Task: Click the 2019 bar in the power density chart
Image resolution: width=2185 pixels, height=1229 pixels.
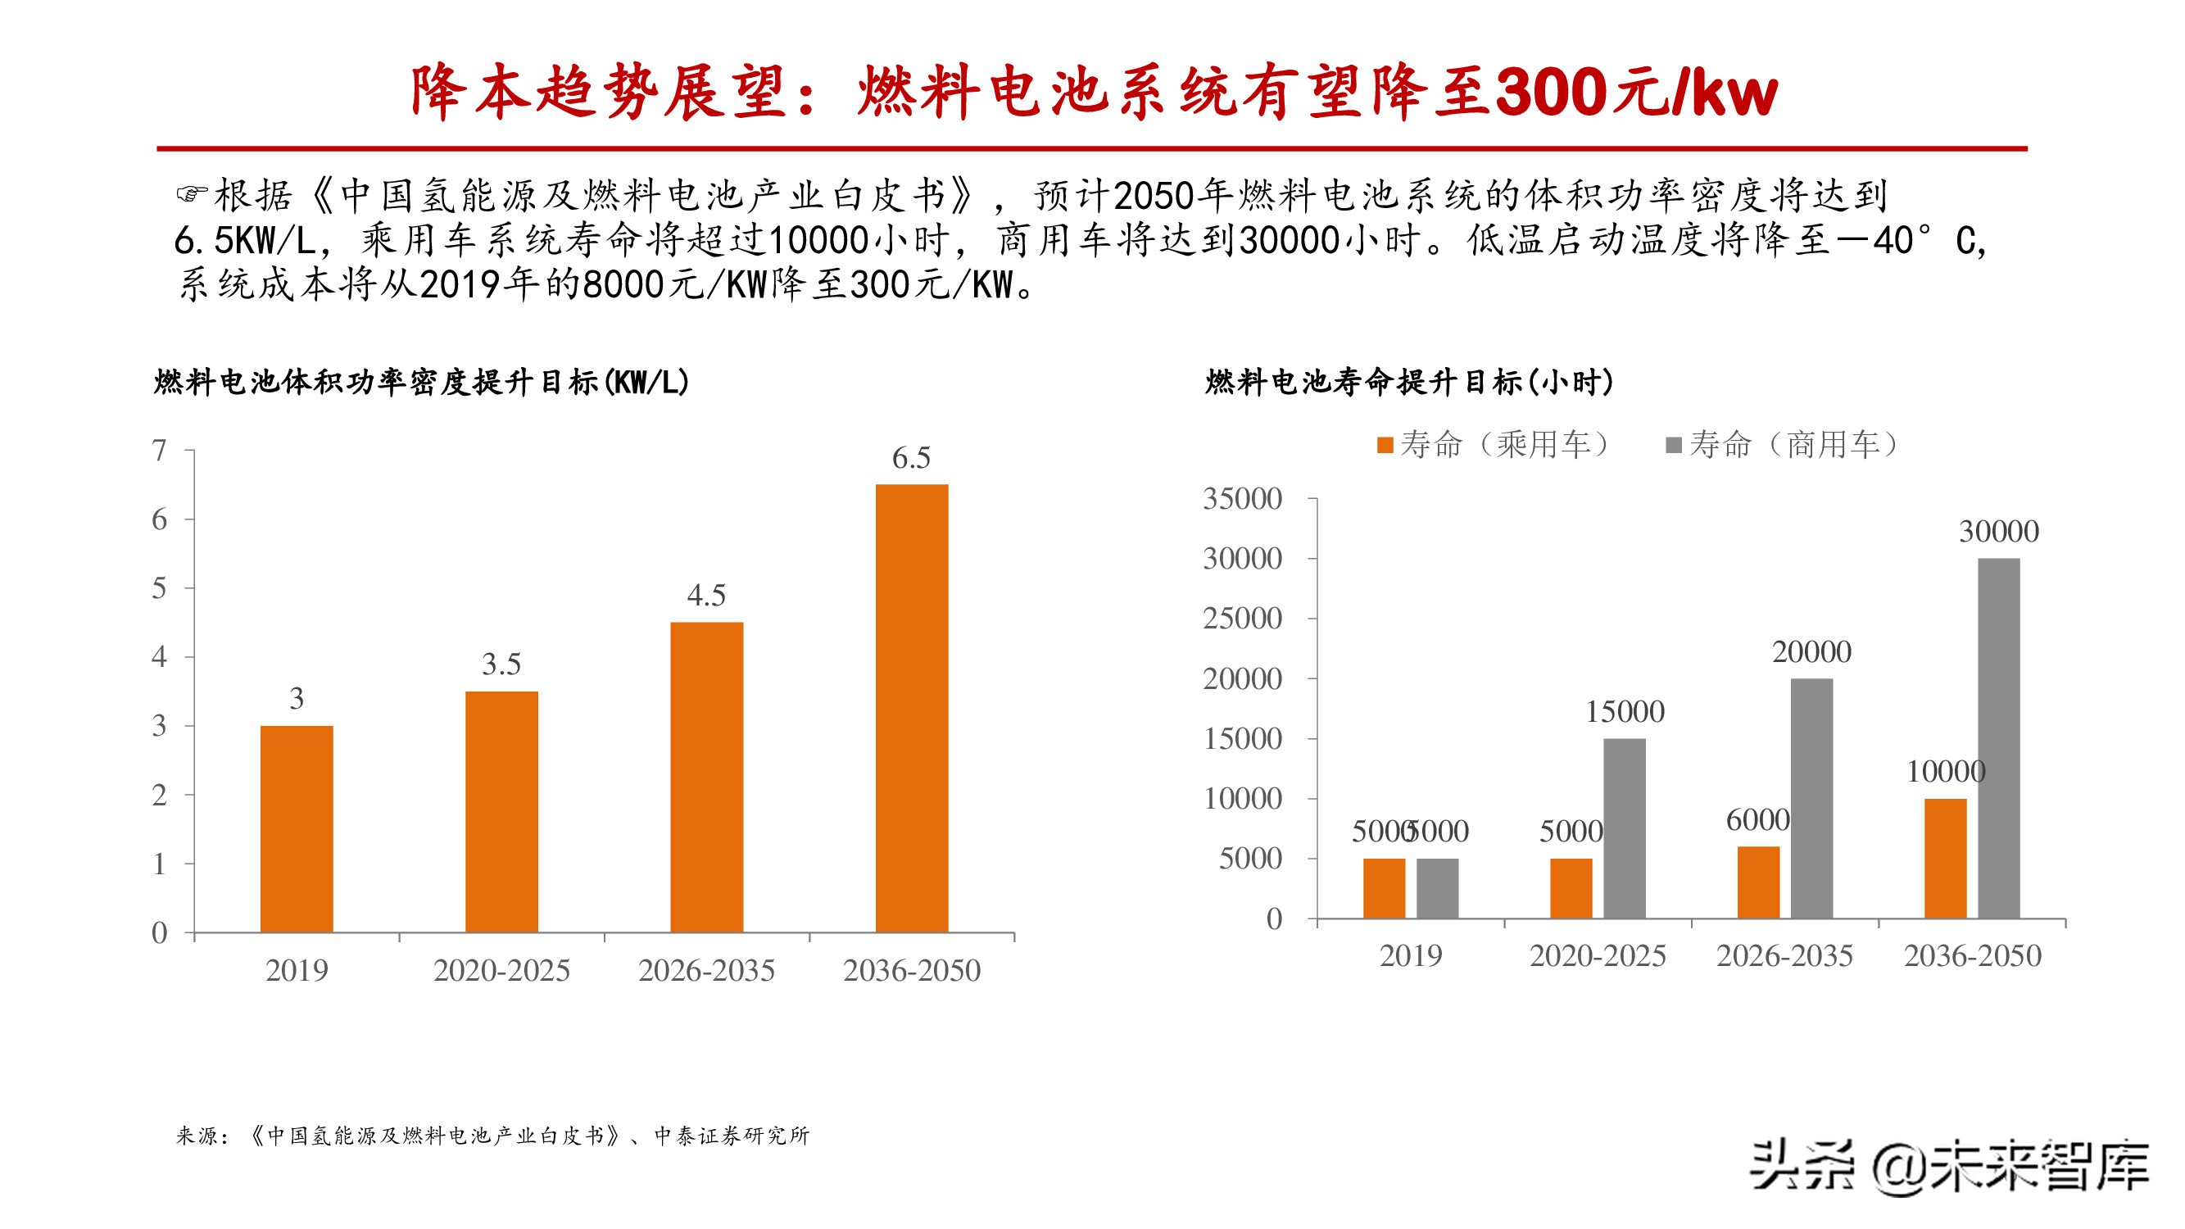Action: (x=296, y=828)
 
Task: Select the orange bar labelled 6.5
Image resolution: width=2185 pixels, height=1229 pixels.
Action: (x=911, y=708)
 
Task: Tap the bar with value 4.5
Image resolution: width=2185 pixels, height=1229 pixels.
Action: (x=706, y=777)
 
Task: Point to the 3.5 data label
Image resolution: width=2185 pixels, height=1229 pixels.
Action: (x=501, y=664)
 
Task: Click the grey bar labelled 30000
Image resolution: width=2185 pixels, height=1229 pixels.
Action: (x=1998, y=738)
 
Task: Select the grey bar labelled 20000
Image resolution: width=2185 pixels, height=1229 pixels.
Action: (x=1811, y=798)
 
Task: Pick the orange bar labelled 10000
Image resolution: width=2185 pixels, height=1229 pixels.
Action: (x=1945, y=859)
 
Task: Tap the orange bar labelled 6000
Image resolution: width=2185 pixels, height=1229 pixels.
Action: (x=1758, y=882)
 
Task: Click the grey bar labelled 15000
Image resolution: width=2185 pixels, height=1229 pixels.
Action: (x=1625, y=828)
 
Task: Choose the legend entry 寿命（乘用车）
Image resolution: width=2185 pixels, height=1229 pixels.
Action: (x=1493, y=444)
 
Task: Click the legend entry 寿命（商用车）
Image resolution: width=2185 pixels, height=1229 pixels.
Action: (x=1782, y=444)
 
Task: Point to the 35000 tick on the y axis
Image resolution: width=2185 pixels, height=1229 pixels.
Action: (x=1243, y=499)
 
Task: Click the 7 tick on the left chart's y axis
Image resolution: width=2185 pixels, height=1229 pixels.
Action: (x=160, y=450)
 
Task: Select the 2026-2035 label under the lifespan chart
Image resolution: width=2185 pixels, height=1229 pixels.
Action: (x=1784, y=956)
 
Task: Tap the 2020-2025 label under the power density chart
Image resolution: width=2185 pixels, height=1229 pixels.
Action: (x=501, y=970)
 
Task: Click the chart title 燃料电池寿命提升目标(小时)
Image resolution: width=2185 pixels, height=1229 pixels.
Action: (x=1409, y=383)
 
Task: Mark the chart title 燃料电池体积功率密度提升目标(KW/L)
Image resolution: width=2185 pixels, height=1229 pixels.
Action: (x=422, y=383)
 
